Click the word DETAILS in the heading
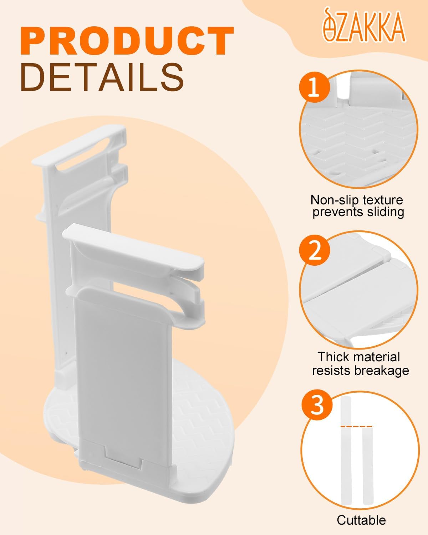[102, 77]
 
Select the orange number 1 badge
[314, 87]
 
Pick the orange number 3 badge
[317, 405]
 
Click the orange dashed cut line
[356, 426]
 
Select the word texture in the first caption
[383, 200]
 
